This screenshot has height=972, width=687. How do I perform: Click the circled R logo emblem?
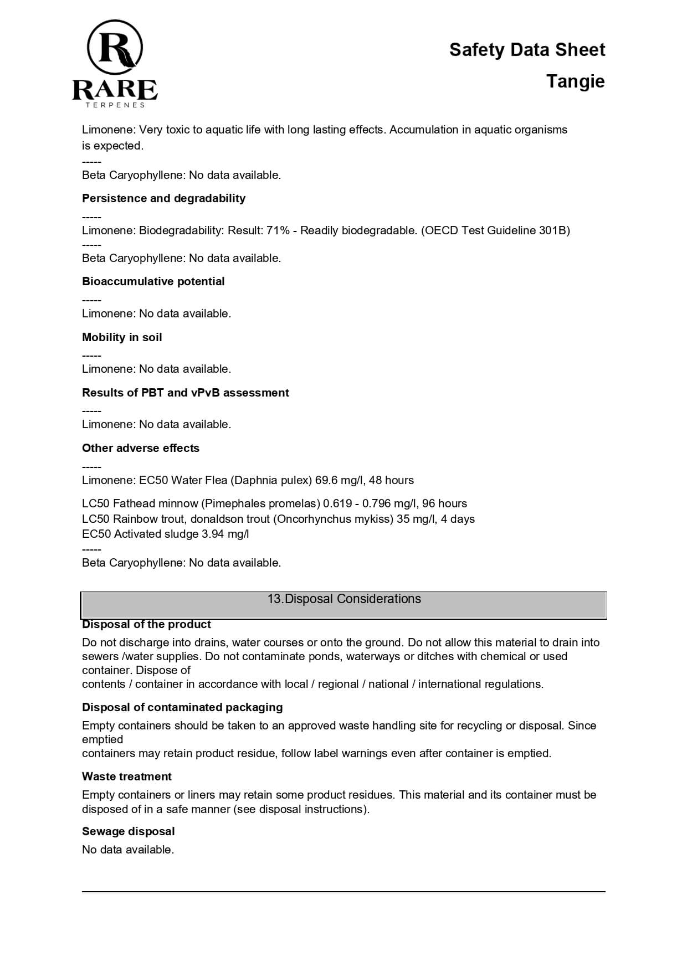115,48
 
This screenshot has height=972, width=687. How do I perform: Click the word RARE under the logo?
115,90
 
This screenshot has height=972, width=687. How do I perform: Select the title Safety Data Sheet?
527,50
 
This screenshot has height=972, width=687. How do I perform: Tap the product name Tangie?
575,81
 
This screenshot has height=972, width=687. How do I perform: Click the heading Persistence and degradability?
163,198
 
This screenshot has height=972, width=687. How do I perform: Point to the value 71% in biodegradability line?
278,230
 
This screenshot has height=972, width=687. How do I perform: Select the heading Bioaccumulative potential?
153,281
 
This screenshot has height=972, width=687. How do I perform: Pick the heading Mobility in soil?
122,337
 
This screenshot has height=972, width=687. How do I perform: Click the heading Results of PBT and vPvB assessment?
185,393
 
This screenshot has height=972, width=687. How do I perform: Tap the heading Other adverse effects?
140,448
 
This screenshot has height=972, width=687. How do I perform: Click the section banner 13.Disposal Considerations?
343,599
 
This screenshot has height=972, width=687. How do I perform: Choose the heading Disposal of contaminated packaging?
182,707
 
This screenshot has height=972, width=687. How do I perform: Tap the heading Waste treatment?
126,776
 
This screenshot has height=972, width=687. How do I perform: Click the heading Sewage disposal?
128,831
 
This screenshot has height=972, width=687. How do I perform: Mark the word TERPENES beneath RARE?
115,105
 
